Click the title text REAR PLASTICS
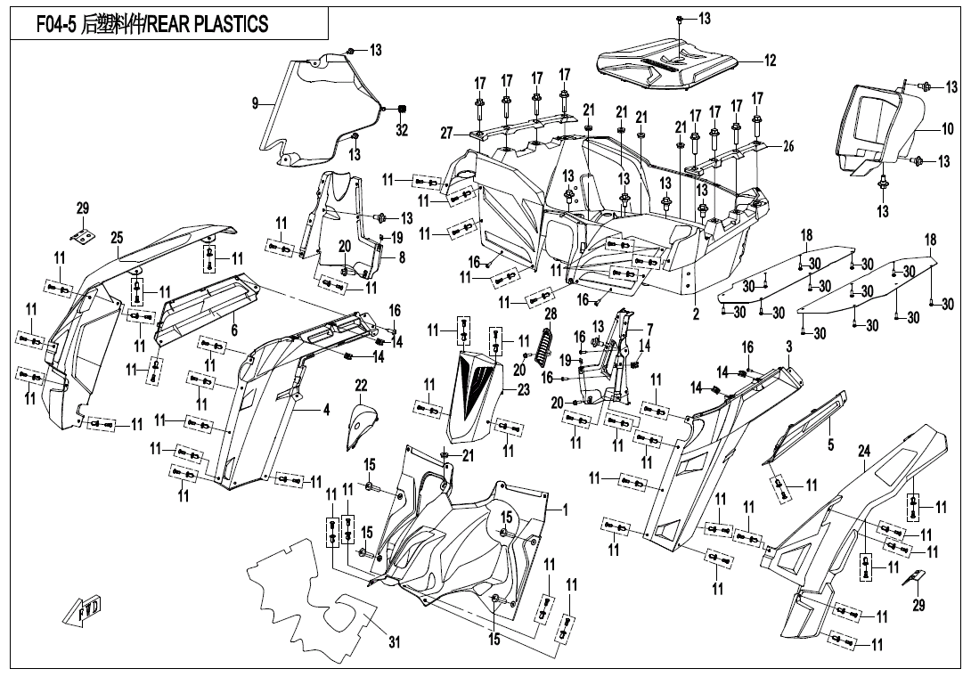point(207,25)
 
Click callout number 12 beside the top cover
point(770,61)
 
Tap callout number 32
point(402,130)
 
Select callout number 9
point(255,104)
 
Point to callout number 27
point(446,133)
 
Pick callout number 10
point(948,129)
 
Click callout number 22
point(361,385)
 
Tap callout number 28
point(551,314)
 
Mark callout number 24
point(863,453)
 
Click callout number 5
point(830,443)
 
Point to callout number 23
point(523,388)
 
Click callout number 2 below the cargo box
point(696,314)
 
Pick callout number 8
point(401,258)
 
